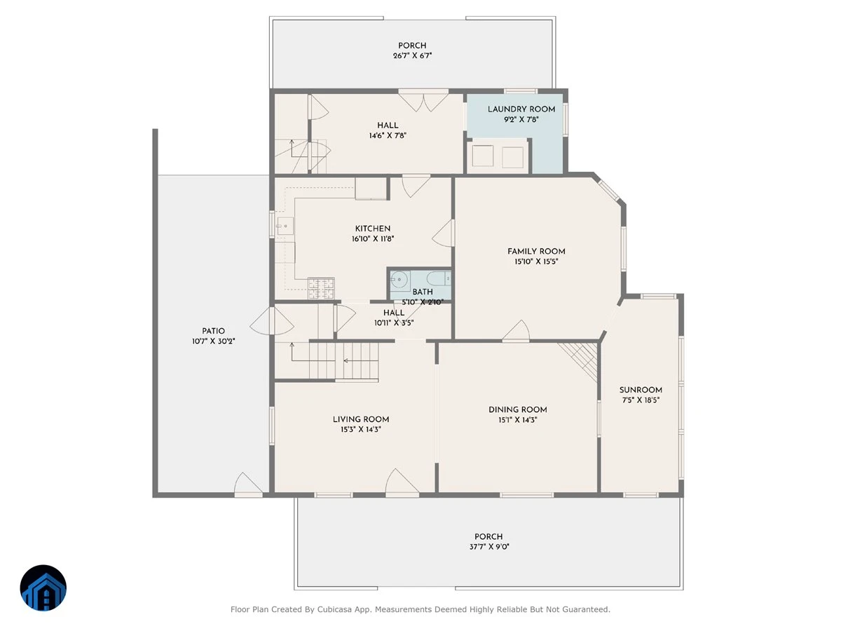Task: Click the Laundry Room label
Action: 521,109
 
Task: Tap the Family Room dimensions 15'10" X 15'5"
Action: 536,262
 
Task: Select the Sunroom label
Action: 641,390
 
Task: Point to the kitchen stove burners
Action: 321,288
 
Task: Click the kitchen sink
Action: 285,226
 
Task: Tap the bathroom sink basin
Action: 399,279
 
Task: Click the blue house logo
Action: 43,588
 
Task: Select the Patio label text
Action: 214,331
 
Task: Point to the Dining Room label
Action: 518,409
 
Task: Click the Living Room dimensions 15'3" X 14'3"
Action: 360,430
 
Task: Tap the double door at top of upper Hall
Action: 423,102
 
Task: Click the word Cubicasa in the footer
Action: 333,609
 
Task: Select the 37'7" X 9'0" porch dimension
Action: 489,547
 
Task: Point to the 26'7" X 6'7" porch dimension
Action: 412,55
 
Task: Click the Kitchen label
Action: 372,229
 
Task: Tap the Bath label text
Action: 422,292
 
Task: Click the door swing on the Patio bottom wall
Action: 248,484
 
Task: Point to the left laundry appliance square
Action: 482,156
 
